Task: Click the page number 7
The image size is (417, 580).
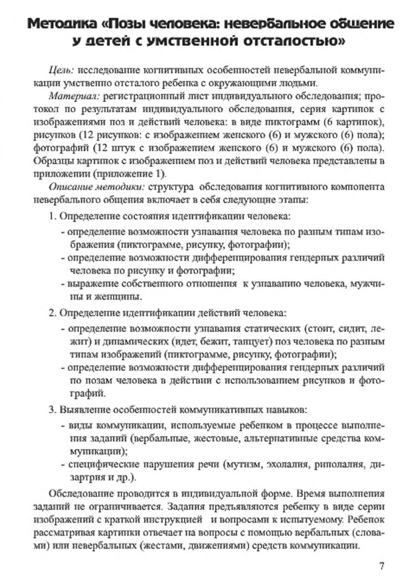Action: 382,565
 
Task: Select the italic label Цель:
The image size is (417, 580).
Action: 63,72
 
